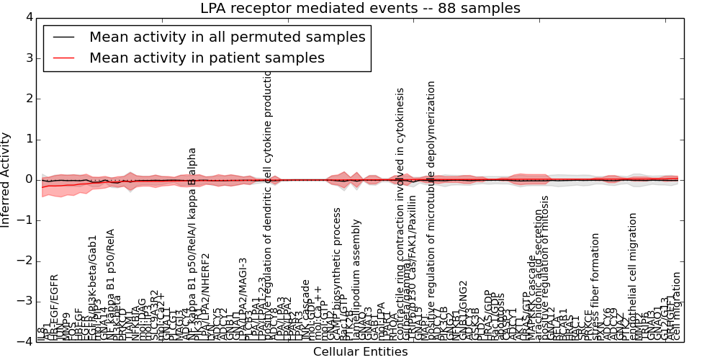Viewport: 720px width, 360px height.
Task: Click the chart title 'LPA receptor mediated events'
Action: pos(360,9)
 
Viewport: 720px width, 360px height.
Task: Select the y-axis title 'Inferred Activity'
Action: pos(6,179)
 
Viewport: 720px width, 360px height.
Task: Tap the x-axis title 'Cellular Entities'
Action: pos(360,352)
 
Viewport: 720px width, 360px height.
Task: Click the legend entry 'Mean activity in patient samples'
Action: pos(207,58)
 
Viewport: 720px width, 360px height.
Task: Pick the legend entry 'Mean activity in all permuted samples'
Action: pos(227,37)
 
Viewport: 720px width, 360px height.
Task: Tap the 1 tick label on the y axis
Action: pos(29,139)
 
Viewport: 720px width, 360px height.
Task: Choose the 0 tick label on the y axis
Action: pos(29,179)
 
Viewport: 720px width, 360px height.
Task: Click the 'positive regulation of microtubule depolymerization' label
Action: pos(432,209)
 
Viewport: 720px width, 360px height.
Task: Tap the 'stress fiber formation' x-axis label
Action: pos(595,286)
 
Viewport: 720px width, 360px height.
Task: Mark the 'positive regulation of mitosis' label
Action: pos(545,266)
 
